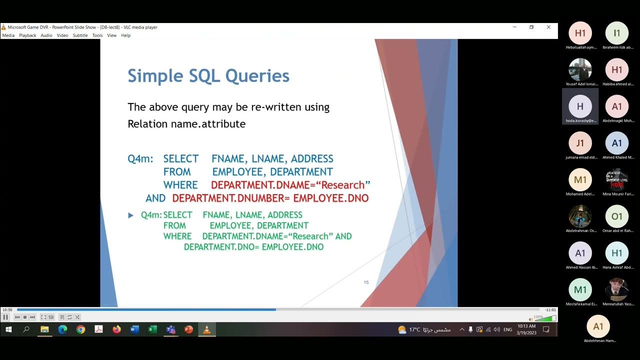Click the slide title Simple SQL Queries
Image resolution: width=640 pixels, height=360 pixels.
208,76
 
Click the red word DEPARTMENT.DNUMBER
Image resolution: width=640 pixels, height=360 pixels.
231,198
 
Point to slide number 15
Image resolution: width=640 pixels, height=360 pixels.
366,282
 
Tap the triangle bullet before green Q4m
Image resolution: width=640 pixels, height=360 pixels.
131,215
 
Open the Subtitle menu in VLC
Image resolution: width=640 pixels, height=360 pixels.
80,35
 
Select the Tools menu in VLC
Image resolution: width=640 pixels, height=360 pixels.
97,35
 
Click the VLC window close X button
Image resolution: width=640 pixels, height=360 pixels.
548,27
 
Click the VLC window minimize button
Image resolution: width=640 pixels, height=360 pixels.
514,27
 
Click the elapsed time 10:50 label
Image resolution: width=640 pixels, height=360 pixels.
7,310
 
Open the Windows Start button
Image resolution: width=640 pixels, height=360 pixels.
8,329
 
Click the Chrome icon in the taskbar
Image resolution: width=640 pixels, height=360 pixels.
80,329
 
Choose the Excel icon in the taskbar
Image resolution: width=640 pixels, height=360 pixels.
152,329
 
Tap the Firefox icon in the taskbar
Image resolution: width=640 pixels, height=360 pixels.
116,329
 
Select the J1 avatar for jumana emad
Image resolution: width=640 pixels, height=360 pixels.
580,143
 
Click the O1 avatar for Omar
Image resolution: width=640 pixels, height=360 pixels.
616,216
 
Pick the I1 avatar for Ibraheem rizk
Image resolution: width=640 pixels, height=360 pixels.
616,33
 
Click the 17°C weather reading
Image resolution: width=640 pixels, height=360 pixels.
414,329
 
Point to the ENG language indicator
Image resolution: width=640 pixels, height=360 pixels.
507,329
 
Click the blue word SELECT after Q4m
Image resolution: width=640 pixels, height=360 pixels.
181,158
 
